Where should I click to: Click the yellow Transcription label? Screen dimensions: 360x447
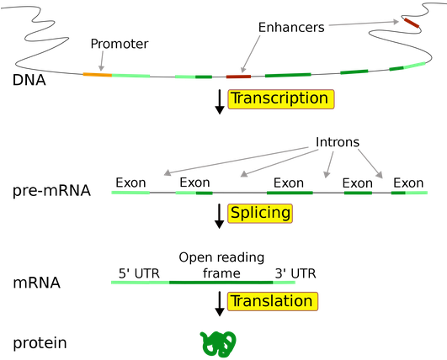tap(280, 99)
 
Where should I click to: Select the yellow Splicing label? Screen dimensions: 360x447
tap(260, 214)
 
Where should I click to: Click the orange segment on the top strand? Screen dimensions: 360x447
tap(91, 75)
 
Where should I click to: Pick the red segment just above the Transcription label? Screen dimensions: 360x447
tap(238, 77)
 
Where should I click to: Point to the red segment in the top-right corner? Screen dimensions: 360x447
tap(412, 23)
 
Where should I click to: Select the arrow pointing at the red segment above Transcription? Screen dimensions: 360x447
tap(251, 54)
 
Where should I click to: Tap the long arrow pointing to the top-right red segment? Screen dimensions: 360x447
tap(364, 23)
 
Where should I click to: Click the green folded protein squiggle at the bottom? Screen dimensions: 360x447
tap(218, 342)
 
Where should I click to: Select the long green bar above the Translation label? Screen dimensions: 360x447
tap(203, 282)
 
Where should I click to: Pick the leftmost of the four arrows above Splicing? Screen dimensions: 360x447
tap(235, 161)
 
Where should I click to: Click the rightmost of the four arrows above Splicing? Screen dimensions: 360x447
tap(370, 163)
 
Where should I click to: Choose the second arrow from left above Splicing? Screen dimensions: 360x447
tap(279, 164)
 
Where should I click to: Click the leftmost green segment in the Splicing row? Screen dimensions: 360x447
tap(130, 193)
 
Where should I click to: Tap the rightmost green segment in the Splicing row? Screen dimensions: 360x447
tap(409, 193)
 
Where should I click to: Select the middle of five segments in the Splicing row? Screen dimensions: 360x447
tap(290, 193)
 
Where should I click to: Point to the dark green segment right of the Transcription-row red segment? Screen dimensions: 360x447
tap(288, 75)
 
